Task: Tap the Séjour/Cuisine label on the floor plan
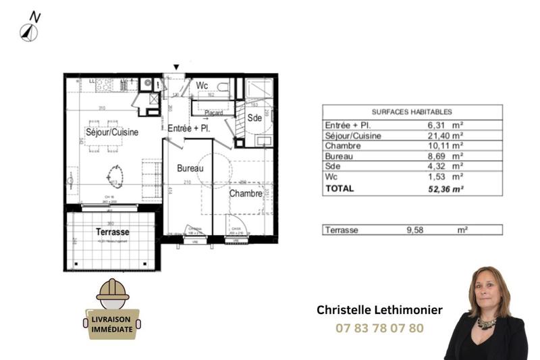coord(112,132)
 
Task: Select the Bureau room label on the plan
coord(190,168)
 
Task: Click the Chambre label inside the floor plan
coord(245,194)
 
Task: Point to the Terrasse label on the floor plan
coord(112,232)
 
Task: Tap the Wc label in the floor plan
coord(202,86)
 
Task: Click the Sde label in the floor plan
coord(254,118)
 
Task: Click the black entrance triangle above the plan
coord(176,67)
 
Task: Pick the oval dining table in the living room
coord(114,178)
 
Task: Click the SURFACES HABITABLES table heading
coord(412,112)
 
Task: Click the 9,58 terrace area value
coord(418,230)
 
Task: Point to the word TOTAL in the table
coord(340,189)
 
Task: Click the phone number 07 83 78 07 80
coord(379,329)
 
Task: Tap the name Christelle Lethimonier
coord(379,310)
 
